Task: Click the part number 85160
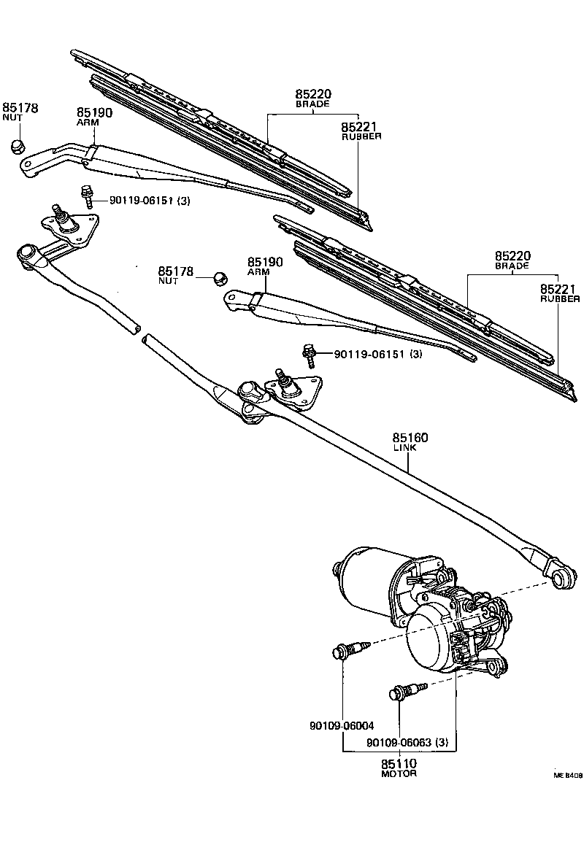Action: (410, 438)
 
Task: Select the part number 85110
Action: (399, 763)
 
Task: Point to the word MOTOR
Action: (399, 773)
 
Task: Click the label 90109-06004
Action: (342, 726)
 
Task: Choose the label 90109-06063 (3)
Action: (407, 743)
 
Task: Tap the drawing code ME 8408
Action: (567, 776)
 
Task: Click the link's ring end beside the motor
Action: (561, 579)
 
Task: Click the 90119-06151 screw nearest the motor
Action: (310, 355)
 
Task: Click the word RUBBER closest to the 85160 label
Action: (559, 299)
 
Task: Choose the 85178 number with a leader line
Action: (175, 271)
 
